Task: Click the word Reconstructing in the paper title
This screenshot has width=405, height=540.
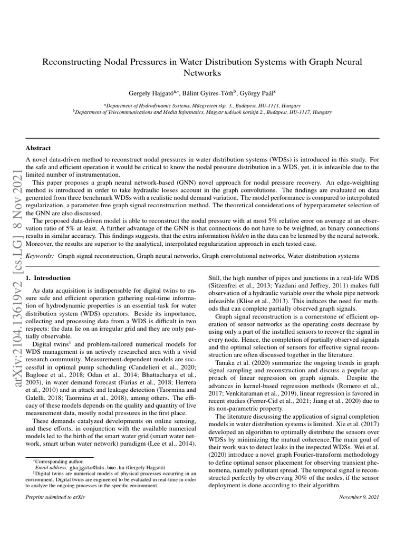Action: coord(71,62)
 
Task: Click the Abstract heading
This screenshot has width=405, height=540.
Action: coord(38,148)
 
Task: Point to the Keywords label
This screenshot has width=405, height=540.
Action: coord(40,255)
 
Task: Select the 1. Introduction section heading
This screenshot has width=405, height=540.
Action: coord(49,277)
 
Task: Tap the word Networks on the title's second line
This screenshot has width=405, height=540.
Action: coord(202,73)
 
